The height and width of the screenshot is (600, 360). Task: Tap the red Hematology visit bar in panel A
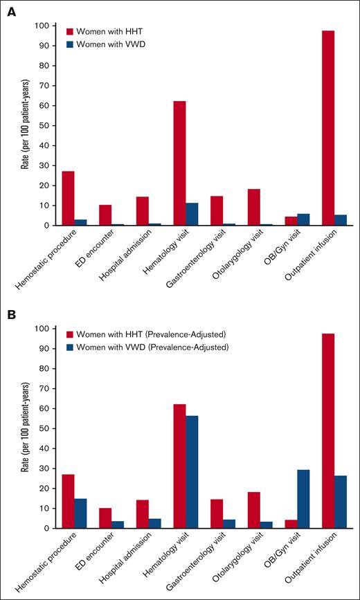click(179, 163)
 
